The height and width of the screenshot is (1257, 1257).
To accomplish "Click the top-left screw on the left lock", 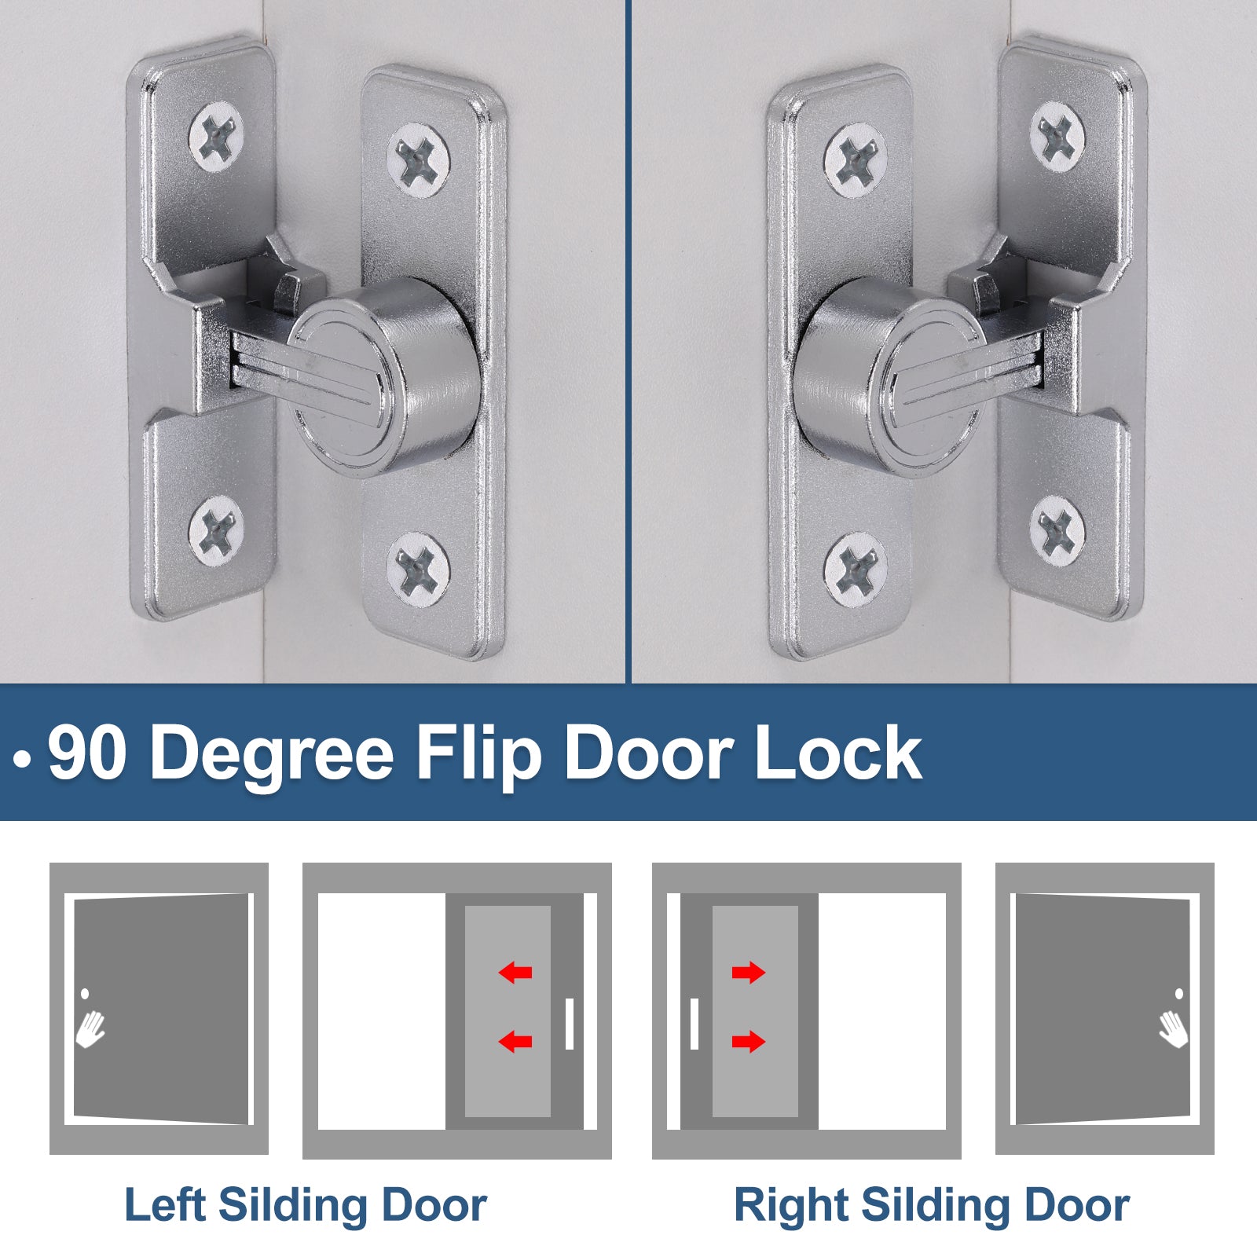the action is pos(216,138).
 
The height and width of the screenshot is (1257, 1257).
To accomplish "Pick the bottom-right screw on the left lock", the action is pos(420,564).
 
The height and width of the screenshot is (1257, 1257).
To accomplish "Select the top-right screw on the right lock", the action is pos(1057,138).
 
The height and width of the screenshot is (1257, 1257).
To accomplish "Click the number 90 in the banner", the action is pos(86,752).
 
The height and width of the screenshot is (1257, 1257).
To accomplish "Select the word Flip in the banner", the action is pos(478,754).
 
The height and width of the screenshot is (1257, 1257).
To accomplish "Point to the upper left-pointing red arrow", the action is pos(515,973).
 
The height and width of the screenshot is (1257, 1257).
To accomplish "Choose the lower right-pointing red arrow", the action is pos(749,1042).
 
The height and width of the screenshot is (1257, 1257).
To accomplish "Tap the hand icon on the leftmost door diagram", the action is pos(90,1028).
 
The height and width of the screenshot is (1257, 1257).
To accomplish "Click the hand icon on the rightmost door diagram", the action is pos(1174,1028).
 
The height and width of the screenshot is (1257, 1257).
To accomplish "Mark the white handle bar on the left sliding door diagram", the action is pos(570,1024).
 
